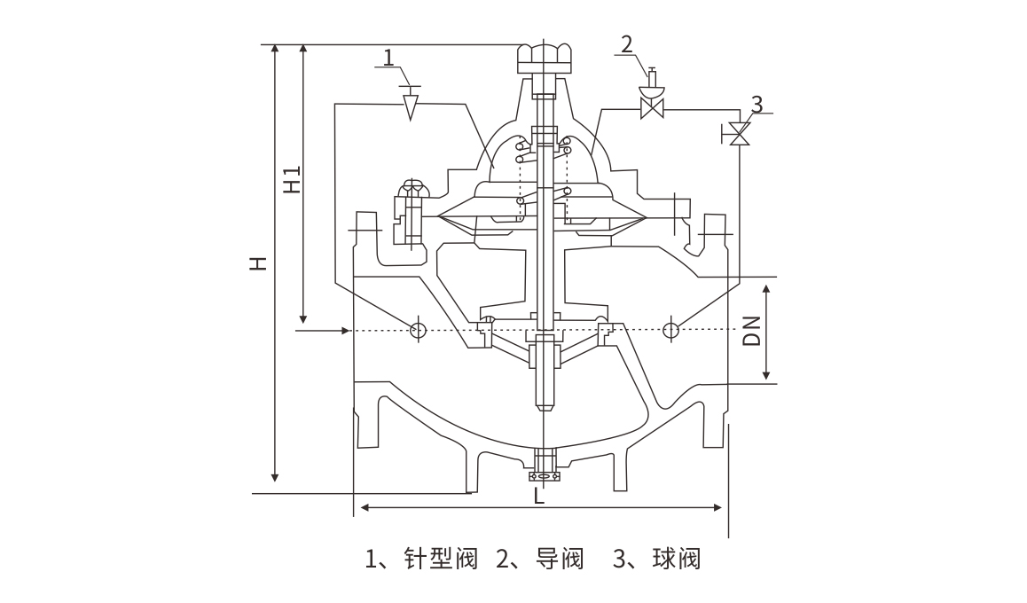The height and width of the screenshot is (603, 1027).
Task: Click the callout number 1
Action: [x=388, y=59]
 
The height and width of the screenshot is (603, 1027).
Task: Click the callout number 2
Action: [x=627, y=44]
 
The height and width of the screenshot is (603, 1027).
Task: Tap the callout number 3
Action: [x=756, y=104]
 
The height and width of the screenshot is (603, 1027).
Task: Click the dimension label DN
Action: [x=752, y=331]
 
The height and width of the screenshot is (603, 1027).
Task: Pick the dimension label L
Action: [x=539, y=497]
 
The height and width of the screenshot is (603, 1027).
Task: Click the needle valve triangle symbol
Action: [x=410, y=106]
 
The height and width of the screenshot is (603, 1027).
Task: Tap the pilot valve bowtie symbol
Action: [x=654, y=109]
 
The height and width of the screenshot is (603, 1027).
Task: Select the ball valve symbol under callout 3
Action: [x=739, y=134]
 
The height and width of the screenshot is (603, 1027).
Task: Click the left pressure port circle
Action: [x=418, y=330]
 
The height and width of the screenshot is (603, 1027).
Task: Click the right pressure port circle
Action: [x=671, y=330]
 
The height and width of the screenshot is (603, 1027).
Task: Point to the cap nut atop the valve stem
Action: [x=543, y=58]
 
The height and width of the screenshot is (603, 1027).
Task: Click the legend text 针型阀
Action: [x=442, y=559]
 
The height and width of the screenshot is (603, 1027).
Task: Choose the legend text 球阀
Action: [x=676, y=559]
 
